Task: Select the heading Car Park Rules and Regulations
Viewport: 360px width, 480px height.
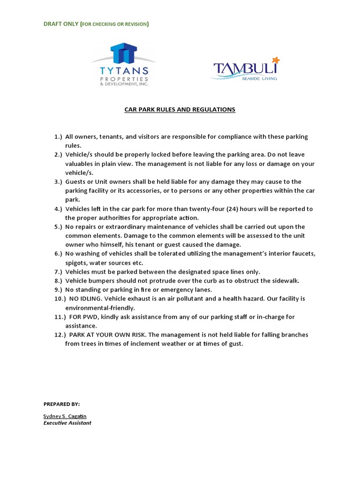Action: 180,110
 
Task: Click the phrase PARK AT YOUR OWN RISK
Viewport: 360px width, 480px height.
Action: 107,335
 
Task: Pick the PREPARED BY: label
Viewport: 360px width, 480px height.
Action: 62,404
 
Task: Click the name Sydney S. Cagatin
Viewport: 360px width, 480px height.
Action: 65,416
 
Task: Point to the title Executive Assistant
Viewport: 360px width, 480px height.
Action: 67,423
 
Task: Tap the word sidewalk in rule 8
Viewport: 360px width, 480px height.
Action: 285,281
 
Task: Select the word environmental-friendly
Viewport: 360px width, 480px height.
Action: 100,308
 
